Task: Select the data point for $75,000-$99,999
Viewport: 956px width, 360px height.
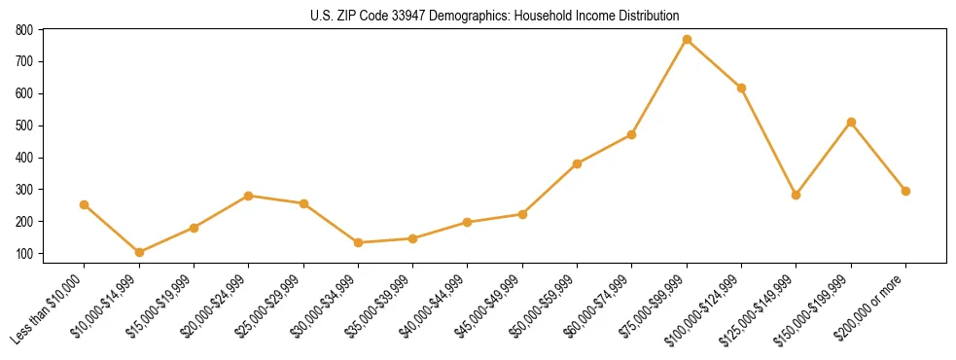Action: pos(687,40)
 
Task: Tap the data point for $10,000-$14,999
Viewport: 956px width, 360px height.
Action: pos(139,252)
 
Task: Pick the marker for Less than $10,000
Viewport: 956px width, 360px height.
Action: pos(85,204)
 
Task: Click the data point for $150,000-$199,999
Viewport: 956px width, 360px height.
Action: pos(851,123)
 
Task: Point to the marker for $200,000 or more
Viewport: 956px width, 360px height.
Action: pos(905,191)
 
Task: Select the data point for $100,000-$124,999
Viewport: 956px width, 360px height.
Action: pos(741,88)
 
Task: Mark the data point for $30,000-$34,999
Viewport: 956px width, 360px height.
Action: pos(358,242)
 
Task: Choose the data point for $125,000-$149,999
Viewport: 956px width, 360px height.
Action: pos(797,195)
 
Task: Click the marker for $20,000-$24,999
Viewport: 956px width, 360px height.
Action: pos(249,196)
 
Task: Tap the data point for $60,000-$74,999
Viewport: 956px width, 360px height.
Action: pos(632,134)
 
